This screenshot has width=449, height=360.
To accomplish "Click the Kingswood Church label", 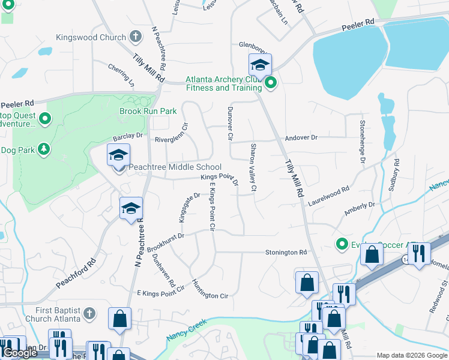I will [90, 37].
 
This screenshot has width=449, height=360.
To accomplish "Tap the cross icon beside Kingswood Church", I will [136, 37].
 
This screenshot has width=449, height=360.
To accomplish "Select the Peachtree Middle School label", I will [175, 167].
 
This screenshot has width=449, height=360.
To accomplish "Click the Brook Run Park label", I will [148, 111].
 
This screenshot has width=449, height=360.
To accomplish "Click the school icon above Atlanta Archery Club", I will [260, 64].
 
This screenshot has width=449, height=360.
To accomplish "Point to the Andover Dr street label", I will [301, 137].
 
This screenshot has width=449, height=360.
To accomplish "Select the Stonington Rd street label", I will [286, 253].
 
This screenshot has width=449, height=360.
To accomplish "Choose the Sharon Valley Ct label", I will [254, 167].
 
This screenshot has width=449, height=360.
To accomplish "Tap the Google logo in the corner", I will [20, 353].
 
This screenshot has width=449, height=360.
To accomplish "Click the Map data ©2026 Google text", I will [411, 355].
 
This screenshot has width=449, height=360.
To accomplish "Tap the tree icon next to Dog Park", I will [43, 149].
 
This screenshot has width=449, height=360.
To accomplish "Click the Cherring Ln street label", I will [121, 72].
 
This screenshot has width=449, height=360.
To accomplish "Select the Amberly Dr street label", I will [359, 209].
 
